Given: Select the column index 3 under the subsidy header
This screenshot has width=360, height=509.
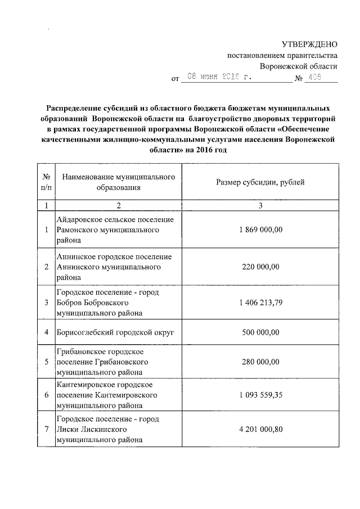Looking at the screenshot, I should (260, 205).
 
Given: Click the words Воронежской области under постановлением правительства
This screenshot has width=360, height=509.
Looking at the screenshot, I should (307, 66).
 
